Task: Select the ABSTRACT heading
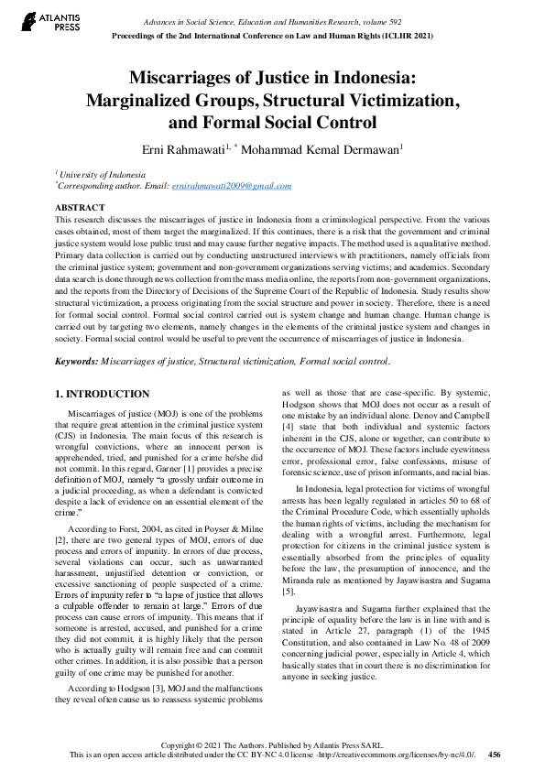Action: (x=80, y=208)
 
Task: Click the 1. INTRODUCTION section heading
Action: (x=102, y=394)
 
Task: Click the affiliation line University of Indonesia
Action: (x=97, y=173)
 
